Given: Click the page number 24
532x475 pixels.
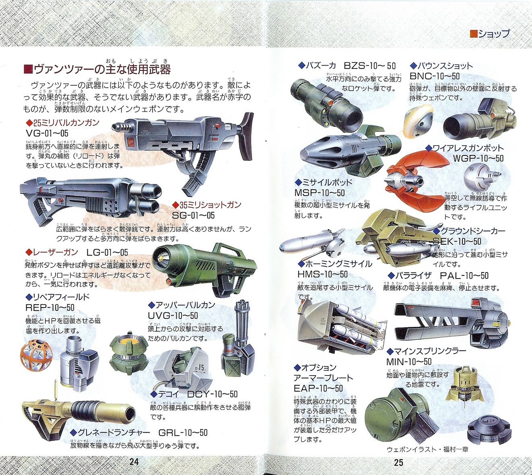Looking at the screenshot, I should (x=134, y=462).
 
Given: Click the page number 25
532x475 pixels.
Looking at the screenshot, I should (x=398, y=462).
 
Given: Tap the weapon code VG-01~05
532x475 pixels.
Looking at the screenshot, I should (x=47, y=133).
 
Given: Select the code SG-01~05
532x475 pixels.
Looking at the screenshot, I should (x=193, y=215).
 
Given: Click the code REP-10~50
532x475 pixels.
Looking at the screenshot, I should (x=50, y=308).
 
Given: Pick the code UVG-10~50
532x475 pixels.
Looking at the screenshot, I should (x=173, y=316).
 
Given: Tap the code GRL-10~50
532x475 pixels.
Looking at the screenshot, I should (x=183, y=433).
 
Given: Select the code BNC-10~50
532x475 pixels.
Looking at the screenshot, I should (x=435, y=76).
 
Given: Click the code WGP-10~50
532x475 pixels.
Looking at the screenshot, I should (x=478, y=158).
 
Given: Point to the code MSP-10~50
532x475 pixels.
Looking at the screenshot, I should (x=320, y=193).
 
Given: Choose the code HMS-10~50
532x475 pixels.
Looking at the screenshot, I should (x=322, y=274).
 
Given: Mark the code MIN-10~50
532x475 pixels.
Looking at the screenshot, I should (x=409, y=361).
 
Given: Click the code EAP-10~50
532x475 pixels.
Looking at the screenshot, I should (x=318, y=388).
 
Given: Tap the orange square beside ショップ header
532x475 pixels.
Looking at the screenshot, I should (x=473, y=34).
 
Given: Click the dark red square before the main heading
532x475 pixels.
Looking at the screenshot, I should (x=28, y=69).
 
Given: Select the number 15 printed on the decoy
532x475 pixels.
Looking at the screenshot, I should (x=200, y=368).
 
